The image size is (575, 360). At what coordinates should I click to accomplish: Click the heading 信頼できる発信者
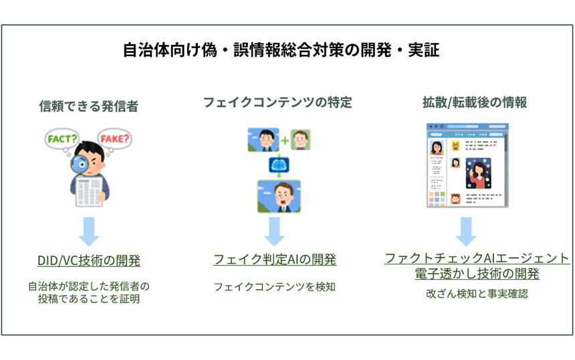88,106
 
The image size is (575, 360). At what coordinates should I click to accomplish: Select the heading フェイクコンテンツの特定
277,102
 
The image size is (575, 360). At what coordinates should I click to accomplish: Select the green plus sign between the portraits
285,141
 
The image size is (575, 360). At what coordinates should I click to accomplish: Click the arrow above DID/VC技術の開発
88,232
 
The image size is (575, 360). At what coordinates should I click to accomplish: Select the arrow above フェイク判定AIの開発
274,232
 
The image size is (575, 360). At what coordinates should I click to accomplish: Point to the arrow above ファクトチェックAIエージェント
466,232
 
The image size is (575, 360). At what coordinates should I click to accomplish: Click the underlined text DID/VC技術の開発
88,260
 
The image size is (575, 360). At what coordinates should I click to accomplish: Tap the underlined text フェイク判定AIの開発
274,260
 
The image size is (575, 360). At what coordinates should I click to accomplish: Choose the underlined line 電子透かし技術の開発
477,274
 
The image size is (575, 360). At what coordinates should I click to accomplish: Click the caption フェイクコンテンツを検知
274,286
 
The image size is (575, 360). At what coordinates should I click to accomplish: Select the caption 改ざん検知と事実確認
477,293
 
